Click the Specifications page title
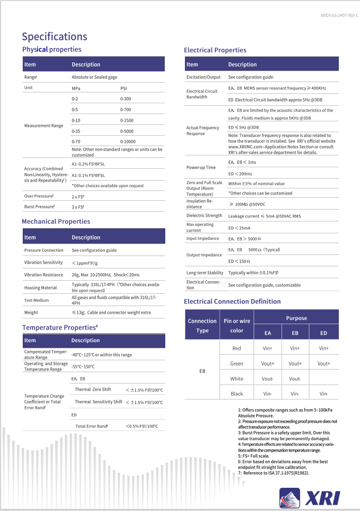54,37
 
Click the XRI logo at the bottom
310,497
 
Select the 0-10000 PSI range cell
129,141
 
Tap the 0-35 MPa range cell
75,131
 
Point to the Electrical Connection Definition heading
232,301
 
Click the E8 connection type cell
202,371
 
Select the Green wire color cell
237,363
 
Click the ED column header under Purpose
323,333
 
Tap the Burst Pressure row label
39,206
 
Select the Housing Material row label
41,288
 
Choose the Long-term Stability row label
205,273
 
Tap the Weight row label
31,312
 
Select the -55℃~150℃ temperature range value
83,366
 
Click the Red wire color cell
237,348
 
